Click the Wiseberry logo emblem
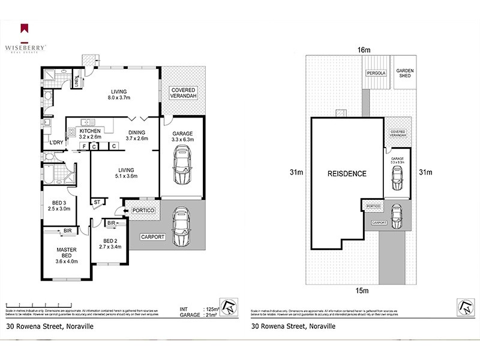[x=25, y=27]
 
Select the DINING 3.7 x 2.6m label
[x=136, y=135]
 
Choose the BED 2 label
[x=109, y=243]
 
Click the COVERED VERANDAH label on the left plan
[x=183, y=93]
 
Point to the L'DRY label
[x=57, y=142]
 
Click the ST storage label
[x=97, y=202]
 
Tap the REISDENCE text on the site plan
[x=346, y=173]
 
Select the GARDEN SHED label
[x=405, y=74]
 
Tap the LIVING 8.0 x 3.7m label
[x=119, y=94]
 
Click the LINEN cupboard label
[x=76, y=82]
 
